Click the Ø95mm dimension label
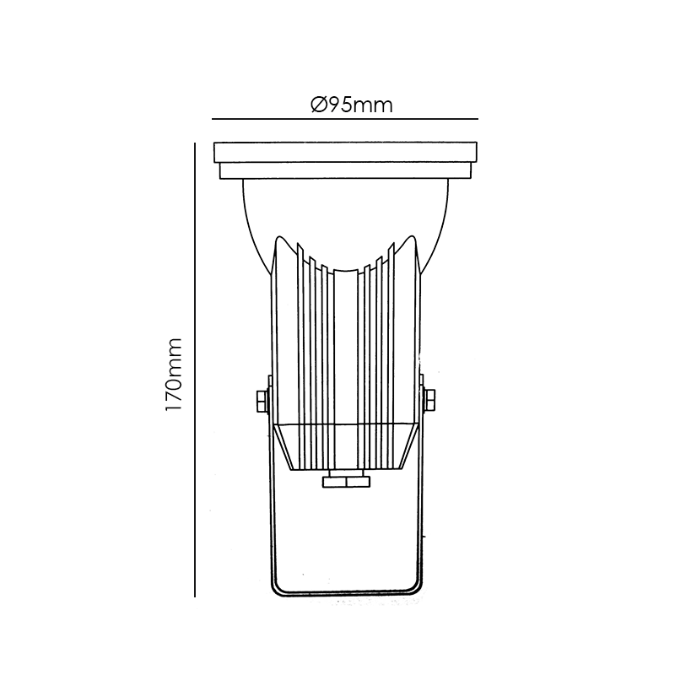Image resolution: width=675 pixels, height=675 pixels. [352, 105]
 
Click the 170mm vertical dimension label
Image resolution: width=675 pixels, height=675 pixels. [174, 375]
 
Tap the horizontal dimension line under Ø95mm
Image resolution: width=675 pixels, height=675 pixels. [345, 119]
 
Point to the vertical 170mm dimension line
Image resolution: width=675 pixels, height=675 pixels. [195, 370]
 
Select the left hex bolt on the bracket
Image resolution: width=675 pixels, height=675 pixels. [262, 401]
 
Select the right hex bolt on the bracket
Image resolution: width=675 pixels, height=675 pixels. [429, 400]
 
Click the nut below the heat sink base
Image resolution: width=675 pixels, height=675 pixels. [346, 481]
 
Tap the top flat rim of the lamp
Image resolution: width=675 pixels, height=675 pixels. [345, 153]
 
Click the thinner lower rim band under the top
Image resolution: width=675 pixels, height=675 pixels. [345, 171]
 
